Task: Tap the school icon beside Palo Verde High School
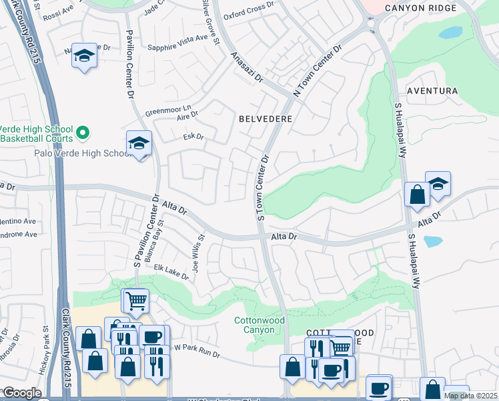(x=139, y=143)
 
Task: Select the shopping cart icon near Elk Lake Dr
(x=135, y=301)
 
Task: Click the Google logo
(x=21, y=393)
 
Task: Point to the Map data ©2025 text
(x=470, y=396)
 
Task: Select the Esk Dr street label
(x=193, y=137)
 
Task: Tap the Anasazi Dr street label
(x=247, y=68)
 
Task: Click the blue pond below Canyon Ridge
(x=451, y=32)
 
